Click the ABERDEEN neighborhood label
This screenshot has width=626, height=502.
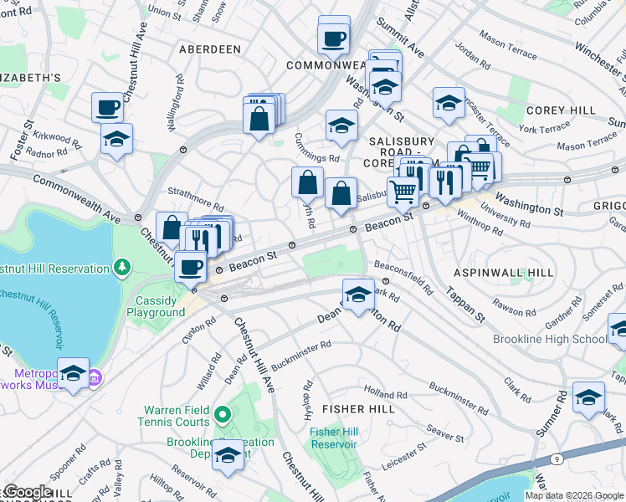[209, 49]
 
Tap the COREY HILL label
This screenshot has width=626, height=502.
[561, 110]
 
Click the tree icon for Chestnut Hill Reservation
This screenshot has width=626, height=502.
[123, 268]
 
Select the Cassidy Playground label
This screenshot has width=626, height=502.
[156, 305]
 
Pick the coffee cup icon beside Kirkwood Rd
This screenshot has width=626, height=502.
[108, 107]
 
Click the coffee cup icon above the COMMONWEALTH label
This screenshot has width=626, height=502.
[334, 38]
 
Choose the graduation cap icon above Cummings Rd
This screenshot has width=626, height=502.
[341, 126]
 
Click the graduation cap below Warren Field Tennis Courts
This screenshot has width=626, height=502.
[227, 456]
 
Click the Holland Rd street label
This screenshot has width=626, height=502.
[384, 392]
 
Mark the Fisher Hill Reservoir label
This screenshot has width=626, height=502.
[333, 438]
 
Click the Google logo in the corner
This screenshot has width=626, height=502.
[27, 492]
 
